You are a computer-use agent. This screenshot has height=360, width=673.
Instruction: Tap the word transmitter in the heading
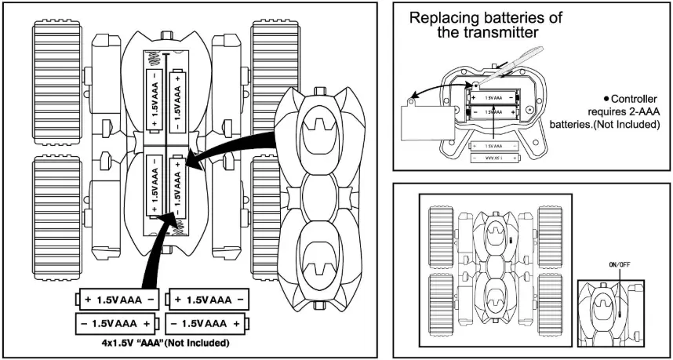coord(497,33)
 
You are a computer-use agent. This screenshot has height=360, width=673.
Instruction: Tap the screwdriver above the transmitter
coord(502,67)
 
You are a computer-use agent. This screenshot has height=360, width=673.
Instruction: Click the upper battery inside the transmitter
coord(492,97)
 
